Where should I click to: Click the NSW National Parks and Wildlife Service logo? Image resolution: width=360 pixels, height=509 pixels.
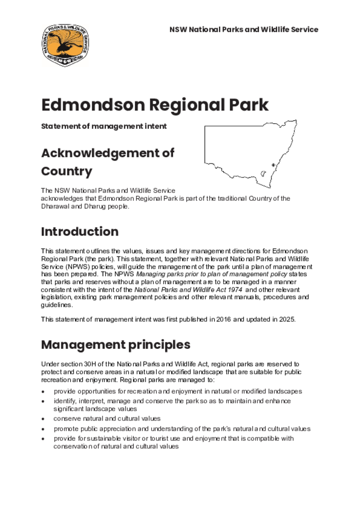tap(65, 45)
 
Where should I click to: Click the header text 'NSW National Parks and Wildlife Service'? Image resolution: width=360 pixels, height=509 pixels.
tap(244, 29)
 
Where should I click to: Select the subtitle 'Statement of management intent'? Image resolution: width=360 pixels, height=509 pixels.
tap(103, 126)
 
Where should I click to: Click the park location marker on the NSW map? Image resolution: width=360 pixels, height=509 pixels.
tap(273, 165)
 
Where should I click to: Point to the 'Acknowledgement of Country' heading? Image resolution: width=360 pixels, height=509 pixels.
tap(107, 162)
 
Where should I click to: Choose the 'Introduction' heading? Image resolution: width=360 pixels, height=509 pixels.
tap(80, 232)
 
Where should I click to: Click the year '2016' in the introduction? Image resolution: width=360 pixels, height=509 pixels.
tap(223, 319)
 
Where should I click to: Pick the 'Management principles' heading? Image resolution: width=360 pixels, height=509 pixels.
tap(115, 344)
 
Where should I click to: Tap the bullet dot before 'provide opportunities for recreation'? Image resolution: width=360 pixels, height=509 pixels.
tap(44, 392)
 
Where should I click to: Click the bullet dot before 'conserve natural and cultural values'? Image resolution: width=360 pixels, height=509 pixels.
tap(44, 419)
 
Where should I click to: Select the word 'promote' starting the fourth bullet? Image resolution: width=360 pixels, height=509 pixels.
tap(66, 428)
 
